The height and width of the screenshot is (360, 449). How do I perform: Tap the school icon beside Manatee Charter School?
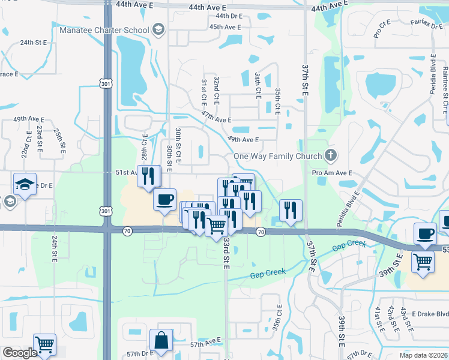158,29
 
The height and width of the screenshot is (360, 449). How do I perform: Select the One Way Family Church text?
277,156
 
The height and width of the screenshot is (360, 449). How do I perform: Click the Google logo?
20,353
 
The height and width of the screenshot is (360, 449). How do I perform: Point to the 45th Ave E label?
225,27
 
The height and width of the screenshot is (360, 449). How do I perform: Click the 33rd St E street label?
227,253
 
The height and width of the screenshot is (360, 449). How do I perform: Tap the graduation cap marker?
25,185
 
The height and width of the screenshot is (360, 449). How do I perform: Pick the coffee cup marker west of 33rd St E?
164,200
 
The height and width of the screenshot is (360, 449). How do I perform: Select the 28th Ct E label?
145,146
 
